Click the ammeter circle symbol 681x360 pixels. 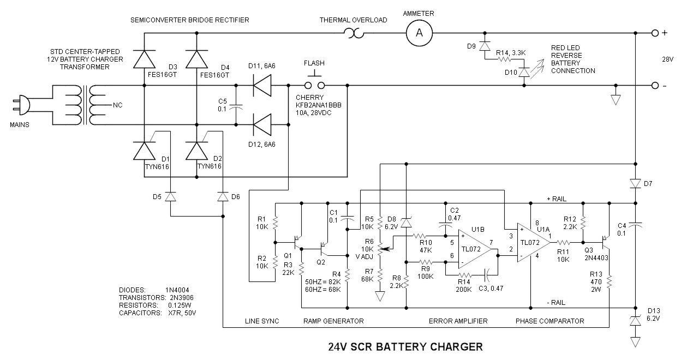tap(419, 33)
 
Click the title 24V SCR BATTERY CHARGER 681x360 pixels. tap(405, 346)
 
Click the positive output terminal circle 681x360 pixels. tap(655, 33)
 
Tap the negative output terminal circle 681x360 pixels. tap(655, 86)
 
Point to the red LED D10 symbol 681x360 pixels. tap(525, 72)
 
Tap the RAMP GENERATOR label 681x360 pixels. tap(333, 321)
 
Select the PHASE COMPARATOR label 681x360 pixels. tap(549, 321)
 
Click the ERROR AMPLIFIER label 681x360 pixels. tap(458, 321)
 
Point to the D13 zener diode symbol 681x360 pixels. tap(636, 322)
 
